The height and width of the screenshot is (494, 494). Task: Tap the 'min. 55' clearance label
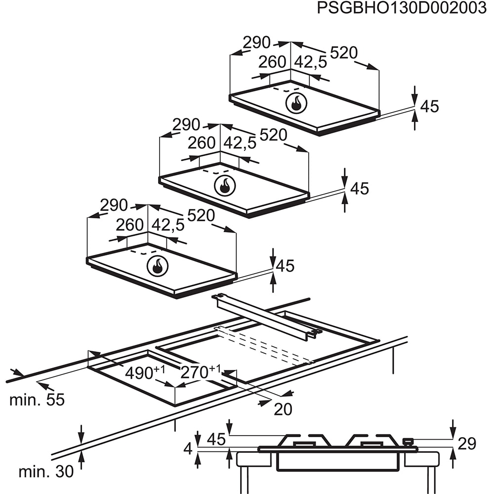pos(37,400)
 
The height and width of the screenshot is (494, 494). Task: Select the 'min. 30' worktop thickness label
pos(46,471)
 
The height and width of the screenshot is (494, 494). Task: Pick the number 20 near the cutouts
pos(283,409)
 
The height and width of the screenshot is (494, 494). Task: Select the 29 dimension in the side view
pos(467,444)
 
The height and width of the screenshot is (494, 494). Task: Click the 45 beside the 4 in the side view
pos(215,438)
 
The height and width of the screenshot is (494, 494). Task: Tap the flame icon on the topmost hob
pos(296,103)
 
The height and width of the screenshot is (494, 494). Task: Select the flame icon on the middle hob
pos(225,185)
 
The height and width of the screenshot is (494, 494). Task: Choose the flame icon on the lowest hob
pos(158,266)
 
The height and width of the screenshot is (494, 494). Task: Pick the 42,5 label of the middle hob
pos(240,143)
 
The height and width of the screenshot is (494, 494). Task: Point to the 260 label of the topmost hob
pos(273,62)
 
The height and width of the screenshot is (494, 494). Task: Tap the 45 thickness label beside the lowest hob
pos(285,266)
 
